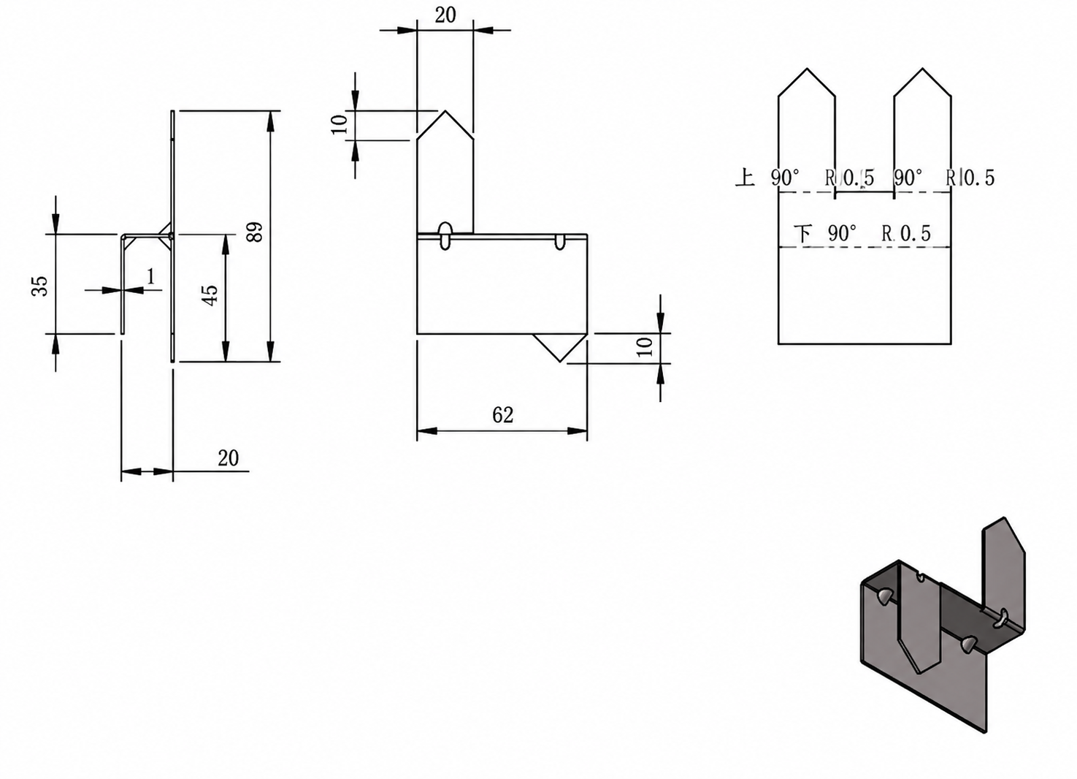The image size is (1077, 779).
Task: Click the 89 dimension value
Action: [256, 232]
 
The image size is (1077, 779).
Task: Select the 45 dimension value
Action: [210, 295]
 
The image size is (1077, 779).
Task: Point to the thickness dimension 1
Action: [151, 277]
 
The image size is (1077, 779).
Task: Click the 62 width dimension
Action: [503, 415]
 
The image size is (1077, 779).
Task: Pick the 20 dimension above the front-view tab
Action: [445, 15]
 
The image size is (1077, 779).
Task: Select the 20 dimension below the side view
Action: [228, 458]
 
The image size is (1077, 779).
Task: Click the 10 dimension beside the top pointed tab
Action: [340, 125]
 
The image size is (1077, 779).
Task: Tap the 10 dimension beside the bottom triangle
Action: [644, 347]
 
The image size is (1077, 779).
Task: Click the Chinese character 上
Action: [746, 177]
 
